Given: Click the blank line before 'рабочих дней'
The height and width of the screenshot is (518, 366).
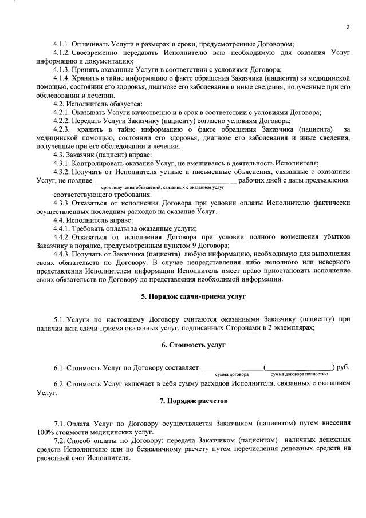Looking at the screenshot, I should click(165, 181).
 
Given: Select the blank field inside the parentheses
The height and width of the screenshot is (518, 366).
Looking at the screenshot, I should click(300, 367).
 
